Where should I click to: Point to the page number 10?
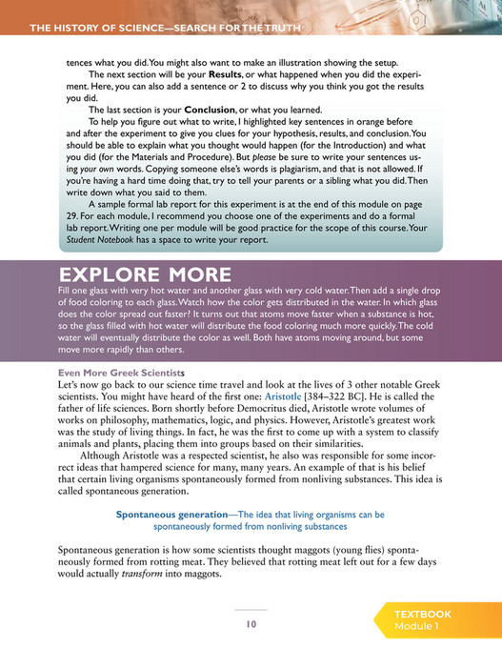click(x=251, y=624)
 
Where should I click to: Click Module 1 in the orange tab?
click(x=418, y=628)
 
